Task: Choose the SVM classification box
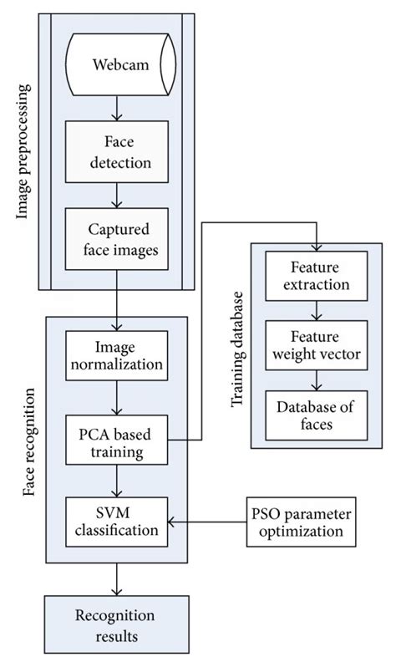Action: (118, 520)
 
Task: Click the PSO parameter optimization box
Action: (297, 520)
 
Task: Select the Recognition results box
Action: (116, 624)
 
